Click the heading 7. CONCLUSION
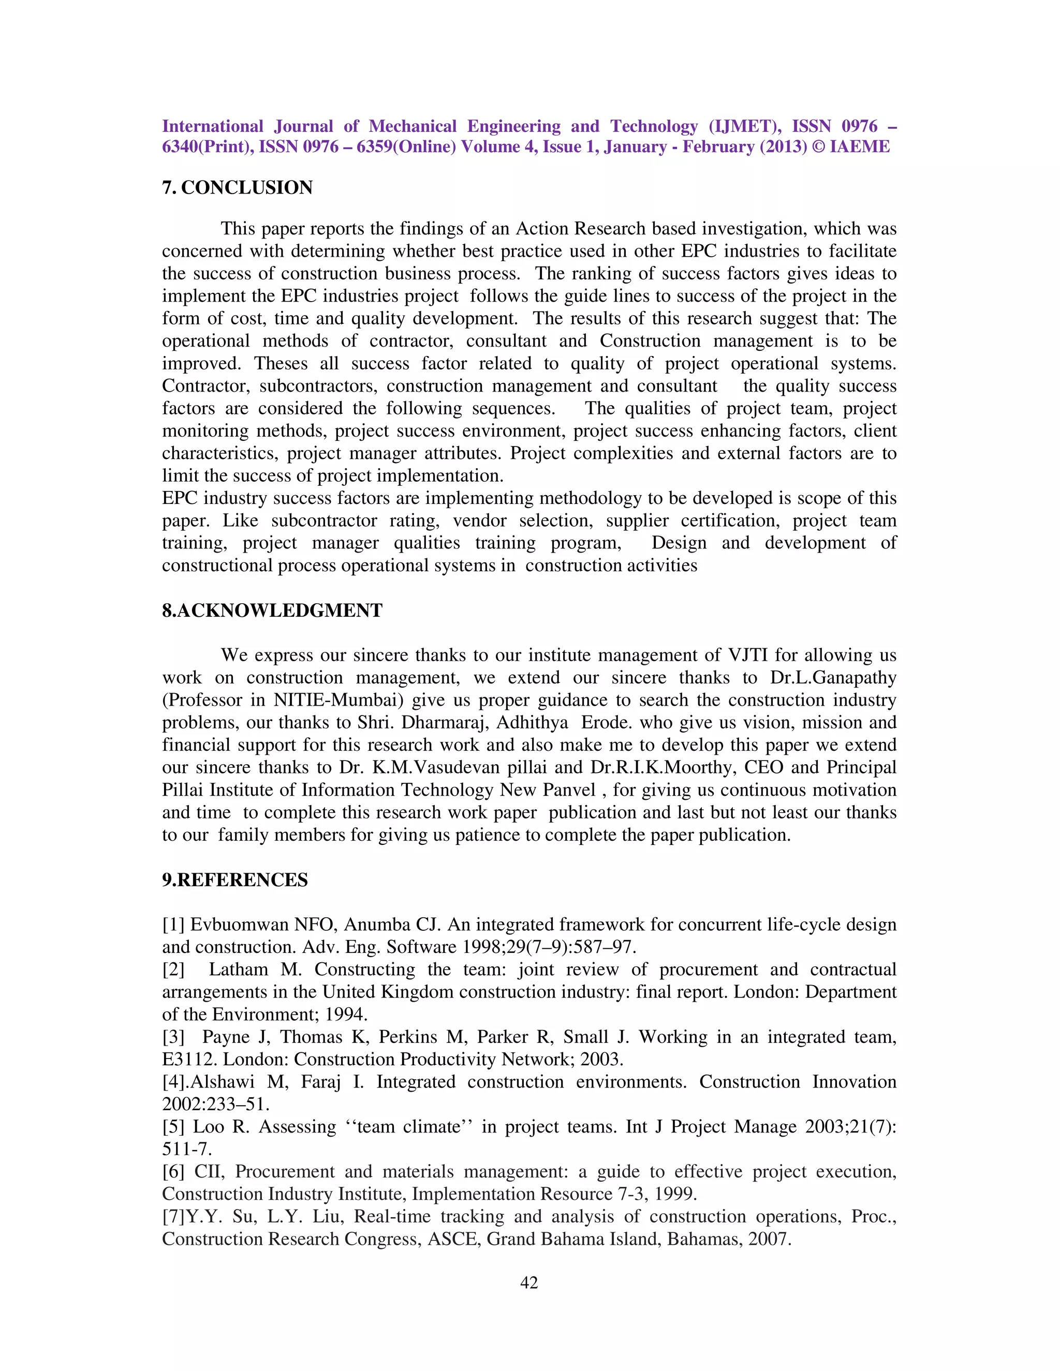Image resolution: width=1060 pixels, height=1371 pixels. click(238, 188)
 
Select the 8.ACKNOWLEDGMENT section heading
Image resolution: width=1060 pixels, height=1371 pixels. click(272, 611)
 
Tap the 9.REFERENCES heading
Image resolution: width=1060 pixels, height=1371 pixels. click(235, 880)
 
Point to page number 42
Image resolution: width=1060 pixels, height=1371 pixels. click(529, 1283)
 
